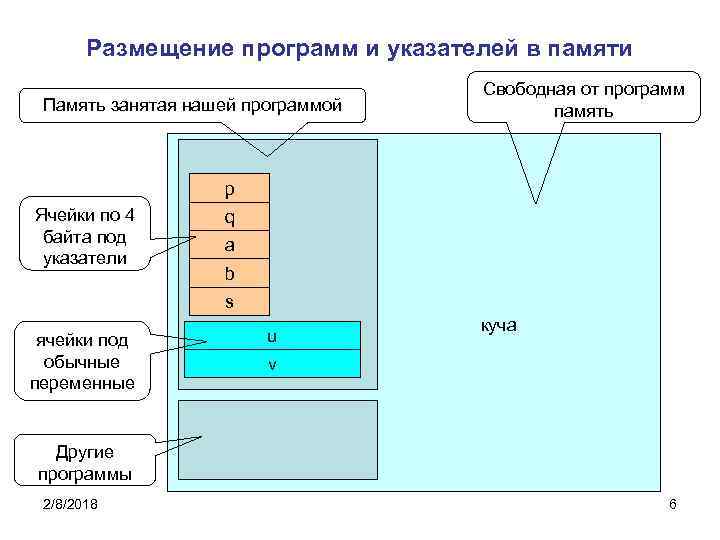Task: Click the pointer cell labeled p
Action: point(229,188)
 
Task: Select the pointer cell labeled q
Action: point(229,215)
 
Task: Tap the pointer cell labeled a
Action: point(229,243)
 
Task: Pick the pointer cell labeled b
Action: point(229,271)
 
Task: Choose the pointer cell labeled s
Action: point(229,299)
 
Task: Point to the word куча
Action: point(498,327)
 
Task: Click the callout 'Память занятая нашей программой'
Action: point(194,104)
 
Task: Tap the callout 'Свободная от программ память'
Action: point(585,99)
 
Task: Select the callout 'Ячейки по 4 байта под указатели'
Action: point(91,236)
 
